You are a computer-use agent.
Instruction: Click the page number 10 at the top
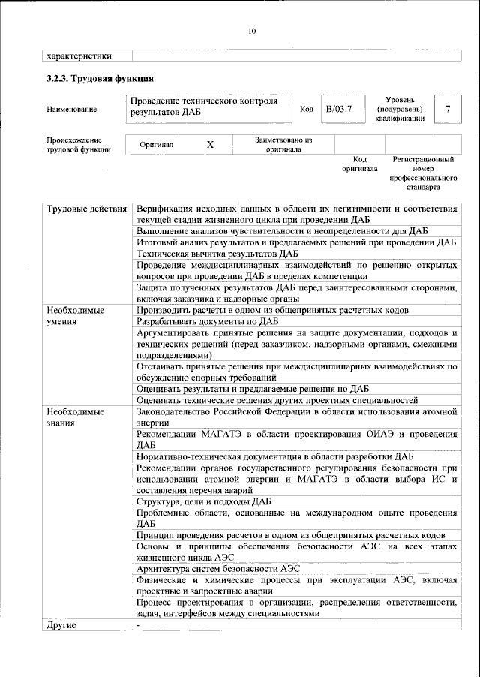point(251,31)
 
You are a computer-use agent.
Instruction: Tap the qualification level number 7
point(448,110)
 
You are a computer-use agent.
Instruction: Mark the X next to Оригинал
point(211,145)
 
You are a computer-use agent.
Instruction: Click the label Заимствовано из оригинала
point(283,144)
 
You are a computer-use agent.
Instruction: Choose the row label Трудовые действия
point(86,208)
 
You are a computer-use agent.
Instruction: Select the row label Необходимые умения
point(75,315)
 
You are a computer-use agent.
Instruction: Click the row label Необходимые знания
point(75,417)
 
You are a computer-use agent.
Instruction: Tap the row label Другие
point(61,624)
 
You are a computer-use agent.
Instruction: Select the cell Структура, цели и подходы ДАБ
point(204,501)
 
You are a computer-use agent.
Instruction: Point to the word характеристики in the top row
point(79,55)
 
